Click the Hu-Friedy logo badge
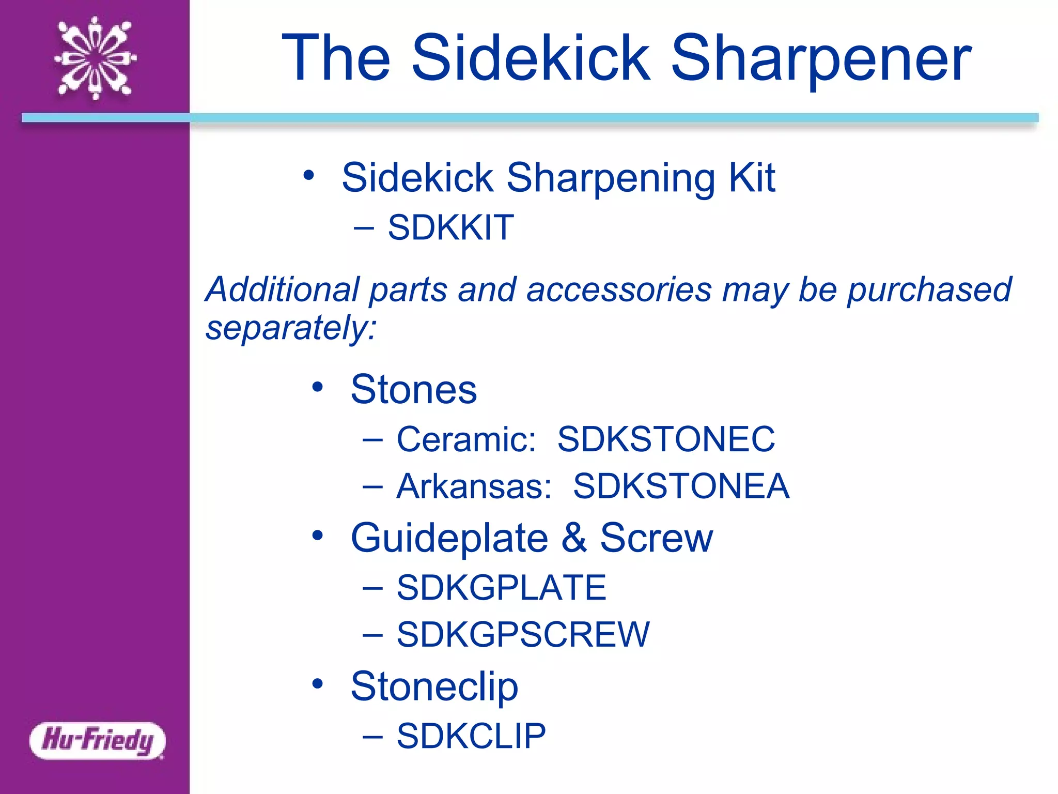click(x=98, y=740)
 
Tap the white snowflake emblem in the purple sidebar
click(x=96, y=58)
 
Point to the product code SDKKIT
click(x=450, y=227)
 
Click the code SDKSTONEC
click(x=666, y=439)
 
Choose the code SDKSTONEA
click(x=681, y=486)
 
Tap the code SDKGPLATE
click(x=501, y=588)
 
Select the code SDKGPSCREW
click(x=523, y=635)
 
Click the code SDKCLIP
click(x=471, y=736)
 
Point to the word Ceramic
click(x=466, y=439)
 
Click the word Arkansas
click(x=474, y=486)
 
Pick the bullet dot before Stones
click(x=317, y=387)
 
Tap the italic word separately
click(x=291, y=328)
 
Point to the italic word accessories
click(x=619, y=289)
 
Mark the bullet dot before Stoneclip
click(x=317, y=684)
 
